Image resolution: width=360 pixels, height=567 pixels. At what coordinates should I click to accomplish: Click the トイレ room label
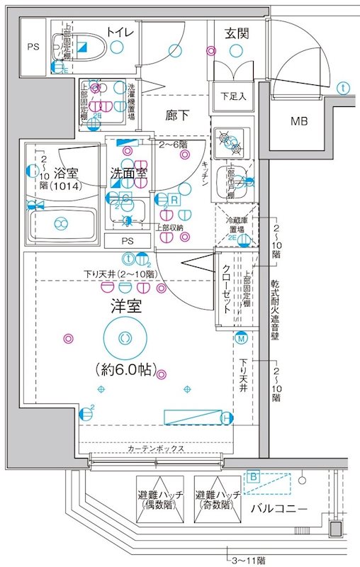tap(121, 31)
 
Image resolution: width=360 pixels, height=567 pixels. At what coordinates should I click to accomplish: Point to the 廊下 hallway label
tap(179, 114)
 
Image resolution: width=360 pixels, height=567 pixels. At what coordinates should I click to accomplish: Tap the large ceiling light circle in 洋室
tap(125, 337)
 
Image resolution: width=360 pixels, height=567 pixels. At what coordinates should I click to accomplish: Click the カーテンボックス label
tap(157, 449)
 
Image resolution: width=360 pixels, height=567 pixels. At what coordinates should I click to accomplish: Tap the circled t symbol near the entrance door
tap(343, 89)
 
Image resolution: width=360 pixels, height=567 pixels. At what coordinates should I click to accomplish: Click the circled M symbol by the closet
tap(241, 339)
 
